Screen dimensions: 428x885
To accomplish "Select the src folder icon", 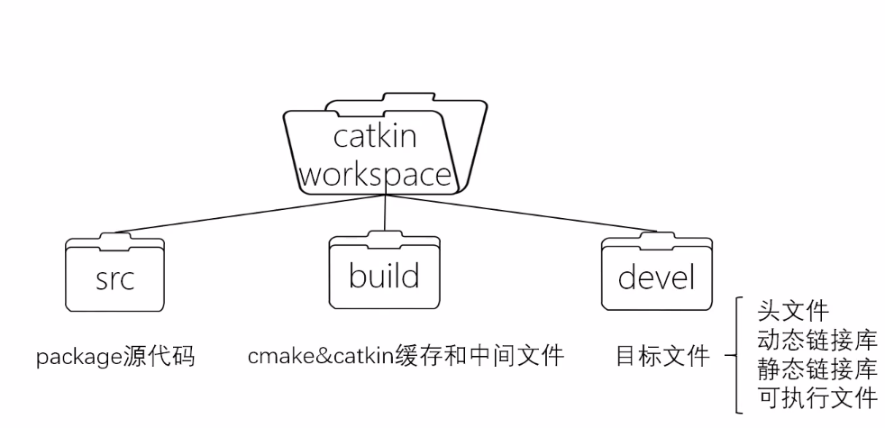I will [114, 276].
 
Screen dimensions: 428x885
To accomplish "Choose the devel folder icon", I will [655, 276].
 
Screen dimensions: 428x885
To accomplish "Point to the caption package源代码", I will [115, 357].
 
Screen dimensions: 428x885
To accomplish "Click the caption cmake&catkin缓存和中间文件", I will [406, 357].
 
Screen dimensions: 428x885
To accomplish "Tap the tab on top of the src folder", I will [114, 238].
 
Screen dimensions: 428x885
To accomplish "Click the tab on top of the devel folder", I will [655, 238].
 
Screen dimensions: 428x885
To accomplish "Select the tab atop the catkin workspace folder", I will [385, 97].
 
